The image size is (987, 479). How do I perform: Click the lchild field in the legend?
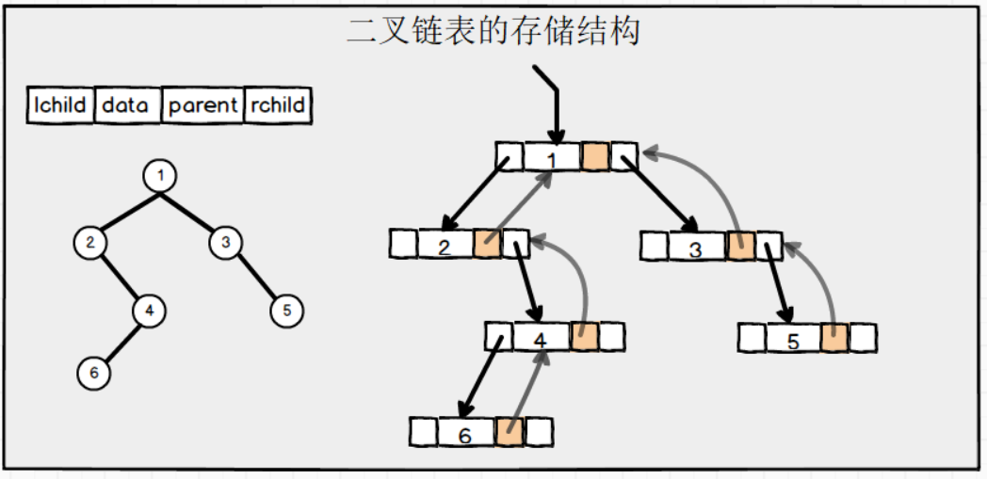(60, 105)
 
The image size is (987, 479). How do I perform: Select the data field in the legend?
(126, 105)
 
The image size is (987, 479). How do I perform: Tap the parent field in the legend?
(202, 105)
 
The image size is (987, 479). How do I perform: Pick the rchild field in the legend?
(278, 105)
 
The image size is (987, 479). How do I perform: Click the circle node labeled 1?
(161, 175)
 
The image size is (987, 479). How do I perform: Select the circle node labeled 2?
(89, 242)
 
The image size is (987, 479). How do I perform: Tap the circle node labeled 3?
(224, 242)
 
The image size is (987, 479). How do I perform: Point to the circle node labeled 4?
(148, 309)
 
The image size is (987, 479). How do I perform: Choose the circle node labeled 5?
(287, 309)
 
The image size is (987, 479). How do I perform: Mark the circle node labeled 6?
(93, 373)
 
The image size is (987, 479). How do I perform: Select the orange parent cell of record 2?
(487, 244)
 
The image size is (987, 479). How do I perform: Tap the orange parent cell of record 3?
(740, 247)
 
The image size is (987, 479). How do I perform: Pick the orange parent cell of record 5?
(833, 338)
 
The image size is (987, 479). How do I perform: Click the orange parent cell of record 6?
(510, 432)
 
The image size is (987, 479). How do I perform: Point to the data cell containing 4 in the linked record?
(541, 336)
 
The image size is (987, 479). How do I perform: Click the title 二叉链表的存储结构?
(493, 30)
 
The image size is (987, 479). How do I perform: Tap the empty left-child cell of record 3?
(654, 247)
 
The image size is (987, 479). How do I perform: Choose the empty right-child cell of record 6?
(539, 432)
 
